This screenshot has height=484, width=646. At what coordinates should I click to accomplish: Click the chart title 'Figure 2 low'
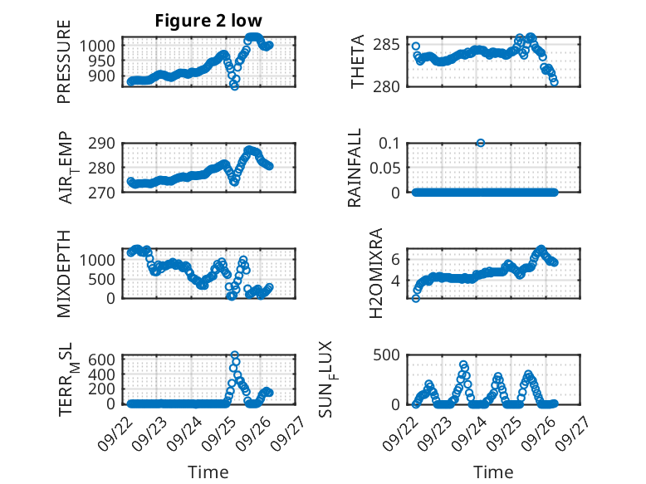click(208, 21)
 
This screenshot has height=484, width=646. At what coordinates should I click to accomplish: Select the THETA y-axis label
click(358, 61)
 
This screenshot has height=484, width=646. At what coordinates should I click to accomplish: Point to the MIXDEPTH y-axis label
click(65, 275)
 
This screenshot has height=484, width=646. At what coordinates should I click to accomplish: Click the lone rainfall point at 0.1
click(481, 143)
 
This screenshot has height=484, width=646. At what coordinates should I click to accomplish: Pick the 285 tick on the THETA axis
click(392, 44)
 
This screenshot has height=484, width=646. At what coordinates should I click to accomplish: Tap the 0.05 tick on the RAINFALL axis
click(387, 168)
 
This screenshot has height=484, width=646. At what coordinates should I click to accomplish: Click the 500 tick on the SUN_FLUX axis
click(392, 354)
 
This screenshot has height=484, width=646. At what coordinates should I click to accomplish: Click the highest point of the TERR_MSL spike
click(235, 355)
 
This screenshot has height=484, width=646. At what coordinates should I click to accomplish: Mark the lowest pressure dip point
click(234, 86)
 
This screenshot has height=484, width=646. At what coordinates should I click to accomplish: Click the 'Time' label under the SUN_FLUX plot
click(493, 472)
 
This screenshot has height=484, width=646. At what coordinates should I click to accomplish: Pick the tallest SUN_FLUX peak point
click(463, 364)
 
